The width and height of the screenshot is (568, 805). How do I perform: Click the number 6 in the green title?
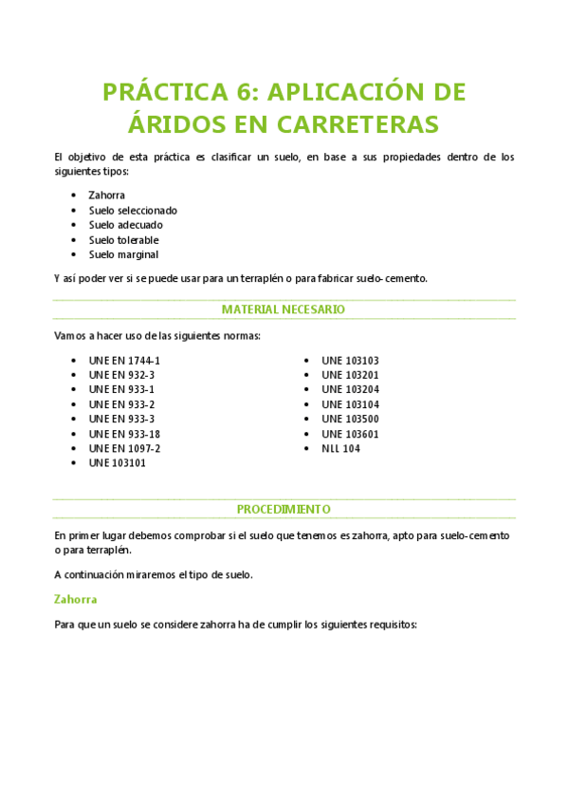point(245,92)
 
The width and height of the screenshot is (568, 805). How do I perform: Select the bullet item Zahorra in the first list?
point(106,195)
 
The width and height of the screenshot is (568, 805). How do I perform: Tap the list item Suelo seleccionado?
point(133,210)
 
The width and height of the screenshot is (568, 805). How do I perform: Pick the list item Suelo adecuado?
point(125,225)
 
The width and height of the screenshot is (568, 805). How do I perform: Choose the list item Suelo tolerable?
point(123,239)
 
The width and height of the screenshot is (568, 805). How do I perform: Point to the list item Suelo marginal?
point(123,254)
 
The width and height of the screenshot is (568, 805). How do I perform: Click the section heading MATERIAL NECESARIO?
point(284,309)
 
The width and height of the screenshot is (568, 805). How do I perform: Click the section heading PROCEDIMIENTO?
point(284,509)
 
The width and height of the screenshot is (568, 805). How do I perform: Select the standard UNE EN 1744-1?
point(124,361)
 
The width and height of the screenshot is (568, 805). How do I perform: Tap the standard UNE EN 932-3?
point(121,375)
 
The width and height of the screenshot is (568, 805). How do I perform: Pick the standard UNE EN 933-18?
point(124,434)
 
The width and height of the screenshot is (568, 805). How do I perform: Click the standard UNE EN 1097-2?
point(124,448)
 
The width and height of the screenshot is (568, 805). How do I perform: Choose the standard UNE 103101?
point(118,463)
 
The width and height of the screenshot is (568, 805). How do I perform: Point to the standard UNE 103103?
point(350,361)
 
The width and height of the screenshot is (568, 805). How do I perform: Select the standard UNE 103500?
point(350,419)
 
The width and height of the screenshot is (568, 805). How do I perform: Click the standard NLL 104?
point(340,448)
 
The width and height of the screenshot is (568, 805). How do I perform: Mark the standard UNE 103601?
point(350,434)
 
